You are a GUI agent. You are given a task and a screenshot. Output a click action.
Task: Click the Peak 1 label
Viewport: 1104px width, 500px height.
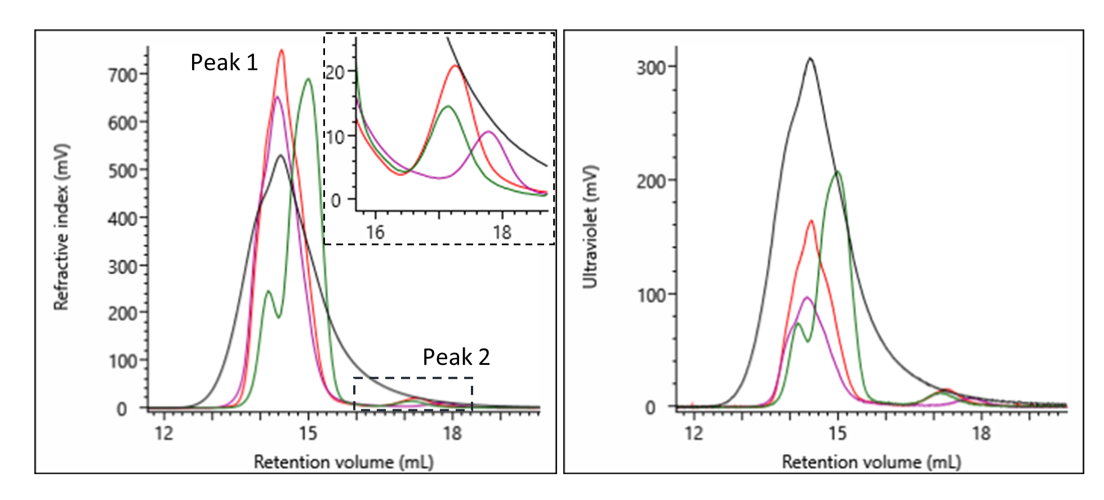click(x=224, y=62)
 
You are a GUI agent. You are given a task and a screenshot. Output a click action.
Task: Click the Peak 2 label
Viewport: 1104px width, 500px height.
click(x=456, y=357)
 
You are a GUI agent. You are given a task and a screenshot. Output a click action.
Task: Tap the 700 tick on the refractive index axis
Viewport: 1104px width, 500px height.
click(x=123, y=75)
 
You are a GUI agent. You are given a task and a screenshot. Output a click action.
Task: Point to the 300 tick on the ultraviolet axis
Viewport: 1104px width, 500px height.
click(x=651, y=68)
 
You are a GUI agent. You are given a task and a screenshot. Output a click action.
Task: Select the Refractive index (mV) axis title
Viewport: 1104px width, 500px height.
click(x=61, y=227)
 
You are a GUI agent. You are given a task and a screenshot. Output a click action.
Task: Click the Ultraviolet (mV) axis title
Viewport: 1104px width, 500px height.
click(x=590, y=227)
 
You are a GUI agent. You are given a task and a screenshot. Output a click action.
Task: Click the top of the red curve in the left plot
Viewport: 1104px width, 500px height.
click(x=281, y=51)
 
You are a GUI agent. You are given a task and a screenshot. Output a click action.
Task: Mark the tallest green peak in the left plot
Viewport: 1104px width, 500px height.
click(x=308, y=79)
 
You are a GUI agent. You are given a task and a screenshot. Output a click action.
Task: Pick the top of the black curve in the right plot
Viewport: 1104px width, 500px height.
click(x=810, y=59)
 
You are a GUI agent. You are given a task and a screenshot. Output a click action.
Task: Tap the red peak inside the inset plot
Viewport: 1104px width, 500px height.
click(x=455, y=66)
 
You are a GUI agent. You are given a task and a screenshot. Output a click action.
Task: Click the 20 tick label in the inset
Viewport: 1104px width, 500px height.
click(x=335, y=72)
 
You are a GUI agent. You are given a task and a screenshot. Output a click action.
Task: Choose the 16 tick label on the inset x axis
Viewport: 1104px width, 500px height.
click(x=375, y=231)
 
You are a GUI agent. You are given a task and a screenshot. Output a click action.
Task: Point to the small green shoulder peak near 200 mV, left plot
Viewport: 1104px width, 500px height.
click(x=268, y=292)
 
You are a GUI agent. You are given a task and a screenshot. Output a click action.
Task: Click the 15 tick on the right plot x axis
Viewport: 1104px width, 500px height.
click(x=838, y=432)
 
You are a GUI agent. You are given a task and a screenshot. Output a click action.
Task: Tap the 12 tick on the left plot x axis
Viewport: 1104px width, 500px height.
click(x=164, y=433)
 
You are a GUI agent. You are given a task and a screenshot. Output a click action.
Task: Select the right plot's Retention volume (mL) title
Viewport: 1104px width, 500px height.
click(x=871, y=462)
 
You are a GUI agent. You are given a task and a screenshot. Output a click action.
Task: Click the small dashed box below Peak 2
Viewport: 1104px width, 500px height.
click(x=413, y=394)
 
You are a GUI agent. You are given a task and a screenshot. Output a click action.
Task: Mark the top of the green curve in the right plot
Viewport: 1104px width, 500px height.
click(x=838, y=172)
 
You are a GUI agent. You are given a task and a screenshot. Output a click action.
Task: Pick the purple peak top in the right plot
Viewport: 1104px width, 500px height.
click(x=807, y=298)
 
